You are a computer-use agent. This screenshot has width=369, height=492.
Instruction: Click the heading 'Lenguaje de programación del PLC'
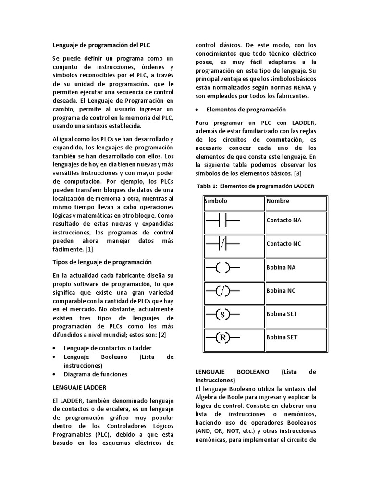click(x=101, y=45)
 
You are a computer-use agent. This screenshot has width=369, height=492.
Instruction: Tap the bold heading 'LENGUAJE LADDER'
click(x=79, y=386)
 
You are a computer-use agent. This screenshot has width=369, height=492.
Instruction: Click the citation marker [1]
click(x=89, y=249)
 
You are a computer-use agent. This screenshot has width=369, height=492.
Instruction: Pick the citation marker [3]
click(x=297, y=173)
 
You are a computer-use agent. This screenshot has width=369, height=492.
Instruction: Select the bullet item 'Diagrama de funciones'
click(x=96, y=374)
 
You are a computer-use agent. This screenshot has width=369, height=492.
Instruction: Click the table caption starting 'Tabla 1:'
click(x=256, y=186)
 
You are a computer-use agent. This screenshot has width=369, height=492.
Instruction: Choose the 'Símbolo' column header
click(x=216, y=201)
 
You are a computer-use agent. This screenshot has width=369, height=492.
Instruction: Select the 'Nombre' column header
click(x=278, y=201)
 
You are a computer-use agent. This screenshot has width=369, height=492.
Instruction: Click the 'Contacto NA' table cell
click(x=284, y=220)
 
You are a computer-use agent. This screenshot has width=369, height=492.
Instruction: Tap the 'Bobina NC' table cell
click(x=281, y=291)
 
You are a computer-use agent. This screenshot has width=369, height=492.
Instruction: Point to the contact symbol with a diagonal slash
click(x=222, y=244)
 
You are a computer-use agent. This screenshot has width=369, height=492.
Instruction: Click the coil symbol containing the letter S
click(x=222, y=315)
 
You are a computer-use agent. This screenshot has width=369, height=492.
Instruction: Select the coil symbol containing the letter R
click(x=222, y=338)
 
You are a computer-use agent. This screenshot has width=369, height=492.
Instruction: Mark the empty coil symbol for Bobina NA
click(x=222, y=267)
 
